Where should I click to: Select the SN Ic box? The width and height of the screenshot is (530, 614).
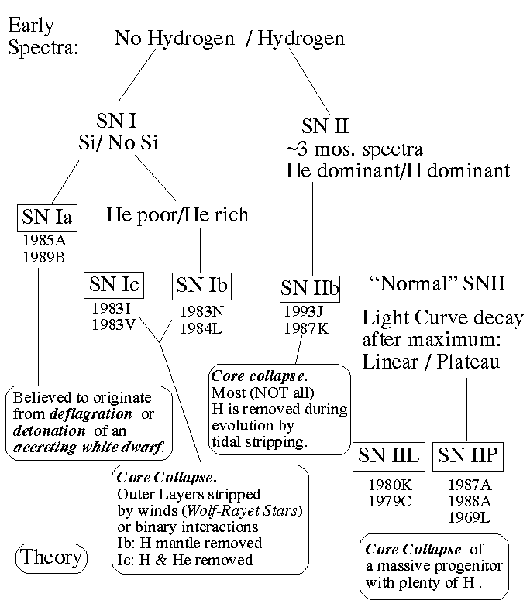[x=114, y=284]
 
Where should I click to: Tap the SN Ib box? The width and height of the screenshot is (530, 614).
[x=201, y=284]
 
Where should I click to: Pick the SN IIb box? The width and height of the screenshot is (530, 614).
[x=310, y=289]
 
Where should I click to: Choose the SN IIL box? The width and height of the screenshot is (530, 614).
[x=388, y=456]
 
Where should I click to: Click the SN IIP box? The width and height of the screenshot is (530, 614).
[x=466, y=456]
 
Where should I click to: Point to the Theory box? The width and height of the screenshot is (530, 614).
[x=51, y=557]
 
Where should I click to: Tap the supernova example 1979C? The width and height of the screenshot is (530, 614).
[x=390, y=499]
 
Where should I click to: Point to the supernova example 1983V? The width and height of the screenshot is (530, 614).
[x=113, y=324]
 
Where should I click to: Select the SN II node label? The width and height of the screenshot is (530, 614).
[x=325, y=126]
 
